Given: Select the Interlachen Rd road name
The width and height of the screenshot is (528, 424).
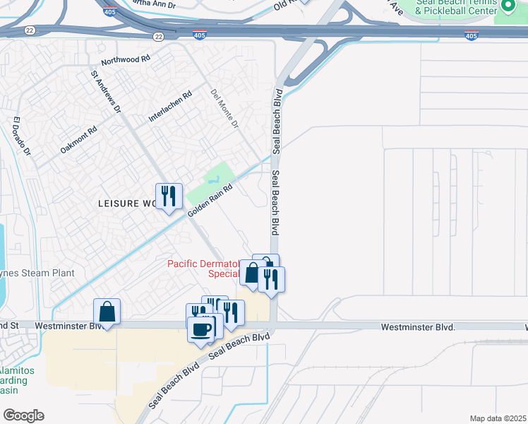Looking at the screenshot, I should [170, 107].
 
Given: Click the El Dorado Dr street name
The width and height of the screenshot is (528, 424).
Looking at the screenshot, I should [20, 136].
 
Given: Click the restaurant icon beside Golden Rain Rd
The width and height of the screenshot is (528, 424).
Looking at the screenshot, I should [169, 196].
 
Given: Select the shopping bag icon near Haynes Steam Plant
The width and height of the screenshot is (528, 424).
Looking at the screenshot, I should [107, 311].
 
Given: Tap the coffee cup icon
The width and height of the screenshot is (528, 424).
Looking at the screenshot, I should [201, 329].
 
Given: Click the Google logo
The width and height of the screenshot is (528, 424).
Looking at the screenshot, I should [23, 416].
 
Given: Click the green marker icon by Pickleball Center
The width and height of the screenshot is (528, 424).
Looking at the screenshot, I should [508, 7].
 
